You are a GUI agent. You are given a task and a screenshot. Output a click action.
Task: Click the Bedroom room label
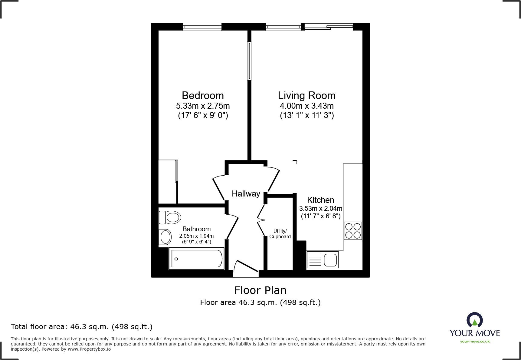pos(203,95)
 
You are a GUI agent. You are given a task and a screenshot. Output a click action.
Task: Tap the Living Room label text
pos(306,95)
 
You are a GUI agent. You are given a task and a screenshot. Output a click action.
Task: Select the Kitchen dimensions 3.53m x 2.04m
pos(320,208)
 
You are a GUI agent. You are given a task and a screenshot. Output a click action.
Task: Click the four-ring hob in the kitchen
pos(353,231)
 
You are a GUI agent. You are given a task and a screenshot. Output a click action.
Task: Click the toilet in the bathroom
pos(170,217)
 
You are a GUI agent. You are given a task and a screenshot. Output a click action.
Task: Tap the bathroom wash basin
pos(165,237)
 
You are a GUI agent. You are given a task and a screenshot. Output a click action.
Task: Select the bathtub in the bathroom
pos(197,259)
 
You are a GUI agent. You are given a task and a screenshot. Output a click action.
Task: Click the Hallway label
pos(246,194)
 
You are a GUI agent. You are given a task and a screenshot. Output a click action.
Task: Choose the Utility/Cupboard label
pos(280,234)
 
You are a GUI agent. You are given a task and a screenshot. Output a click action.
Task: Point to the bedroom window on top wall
pos(202,27)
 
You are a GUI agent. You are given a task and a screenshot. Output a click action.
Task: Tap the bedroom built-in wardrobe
pos(168,182)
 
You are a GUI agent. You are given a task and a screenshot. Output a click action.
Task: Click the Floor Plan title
pos(260,290)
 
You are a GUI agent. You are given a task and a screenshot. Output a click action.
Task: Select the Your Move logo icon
pos(474,320)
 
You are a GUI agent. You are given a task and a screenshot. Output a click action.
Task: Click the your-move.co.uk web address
pos(475,342)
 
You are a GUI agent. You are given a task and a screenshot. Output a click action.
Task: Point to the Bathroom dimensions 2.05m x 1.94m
pos(196,236)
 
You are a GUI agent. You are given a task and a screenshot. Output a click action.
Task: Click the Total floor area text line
pos(82,326)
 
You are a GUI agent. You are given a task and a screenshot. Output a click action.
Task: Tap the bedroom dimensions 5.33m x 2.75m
pos(203,106)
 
